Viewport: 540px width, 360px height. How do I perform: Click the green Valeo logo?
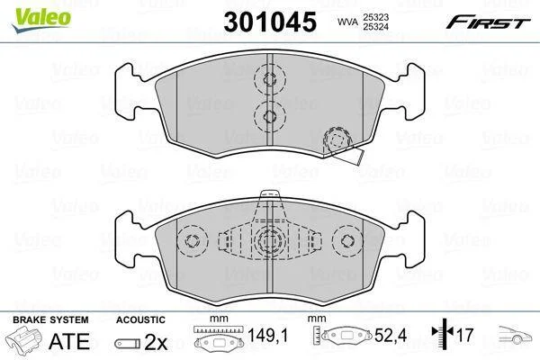tap(41, 19)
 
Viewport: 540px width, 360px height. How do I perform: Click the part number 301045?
tap(270, 22)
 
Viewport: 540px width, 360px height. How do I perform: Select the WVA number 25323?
tap(375, 16)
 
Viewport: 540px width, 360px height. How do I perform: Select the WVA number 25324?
tap(375, 26)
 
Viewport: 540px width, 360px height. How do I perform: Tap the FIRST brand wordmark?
tap(488, 22)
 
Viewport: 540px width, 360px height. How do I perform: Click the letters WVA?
tap(347, 22)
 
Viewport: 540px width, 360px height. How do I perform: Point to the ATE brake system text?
tap(69, 341)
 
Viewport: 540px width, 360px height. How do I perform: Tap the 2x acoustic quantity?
tap(156, 342)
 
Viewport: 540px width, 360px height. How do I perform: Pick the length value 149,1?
tap(267, 335)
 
